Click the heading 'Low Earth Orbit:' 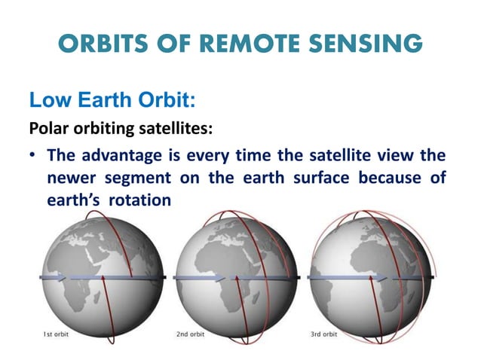[x=102, y=99]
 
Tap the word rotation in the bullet [x=139, y=201]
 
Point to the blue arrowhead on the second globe [x=221, y=279]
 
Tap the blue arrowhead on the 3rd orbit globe [x=384, y=279]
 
